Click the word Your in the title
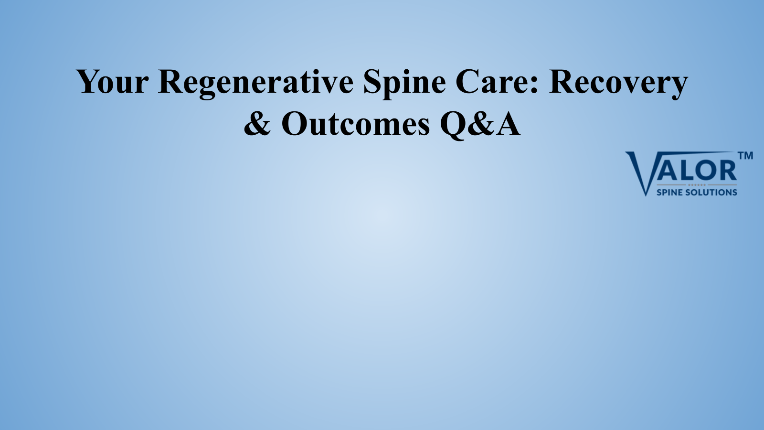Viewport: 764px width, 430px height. point(113,81)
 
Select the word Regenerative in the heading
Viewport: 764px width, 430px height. point(256,84)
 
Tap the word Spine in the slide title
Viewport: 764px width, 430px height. point(404,84)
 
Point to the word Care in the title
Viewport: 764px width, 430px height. point(493,81)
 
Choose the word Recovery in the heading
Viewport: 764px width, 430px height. point(618,84)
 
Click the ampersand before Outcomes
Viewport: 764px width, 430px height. point(257,123)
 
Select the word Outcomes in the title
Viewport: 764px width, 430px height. point(355,123)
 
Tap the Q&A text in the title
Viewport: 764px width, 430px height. point(480,125)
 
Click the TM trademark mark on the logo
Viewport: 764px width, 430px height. point(745,156)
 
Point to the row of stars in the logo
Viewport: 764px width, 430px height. point(697,185)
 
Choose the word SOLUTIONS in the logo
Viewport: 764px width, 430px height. point(711,193)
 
